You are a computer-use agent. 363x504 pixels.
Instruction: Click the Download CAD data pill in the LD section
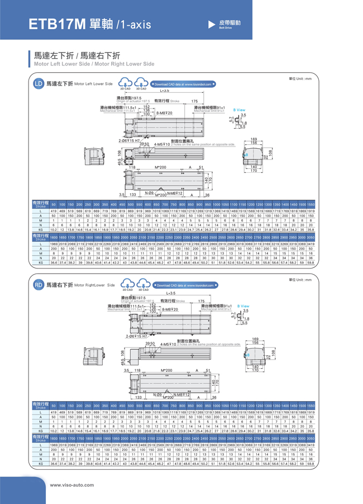click(184, 84)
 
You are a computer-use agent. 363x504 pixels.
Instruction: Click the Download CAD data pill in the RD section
click(184, 285)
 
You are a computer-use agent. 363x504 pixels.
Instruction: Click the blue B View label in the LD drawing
click(239, 110)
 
